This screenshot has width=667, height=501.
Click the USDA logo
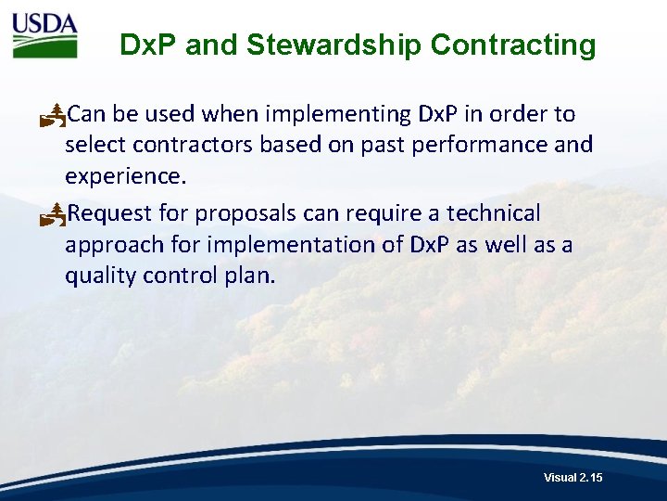44,35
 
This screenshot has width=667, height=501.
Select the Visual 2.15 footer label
573,477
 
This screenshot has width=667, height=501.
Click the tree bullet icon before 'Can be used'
53,115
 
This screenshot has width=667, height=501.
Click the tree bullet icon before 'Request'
53,214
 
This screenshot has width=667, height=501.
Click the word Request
111,213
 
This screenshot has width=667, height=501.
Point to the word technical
493,213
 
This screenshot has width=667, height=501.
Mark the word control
177,276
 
